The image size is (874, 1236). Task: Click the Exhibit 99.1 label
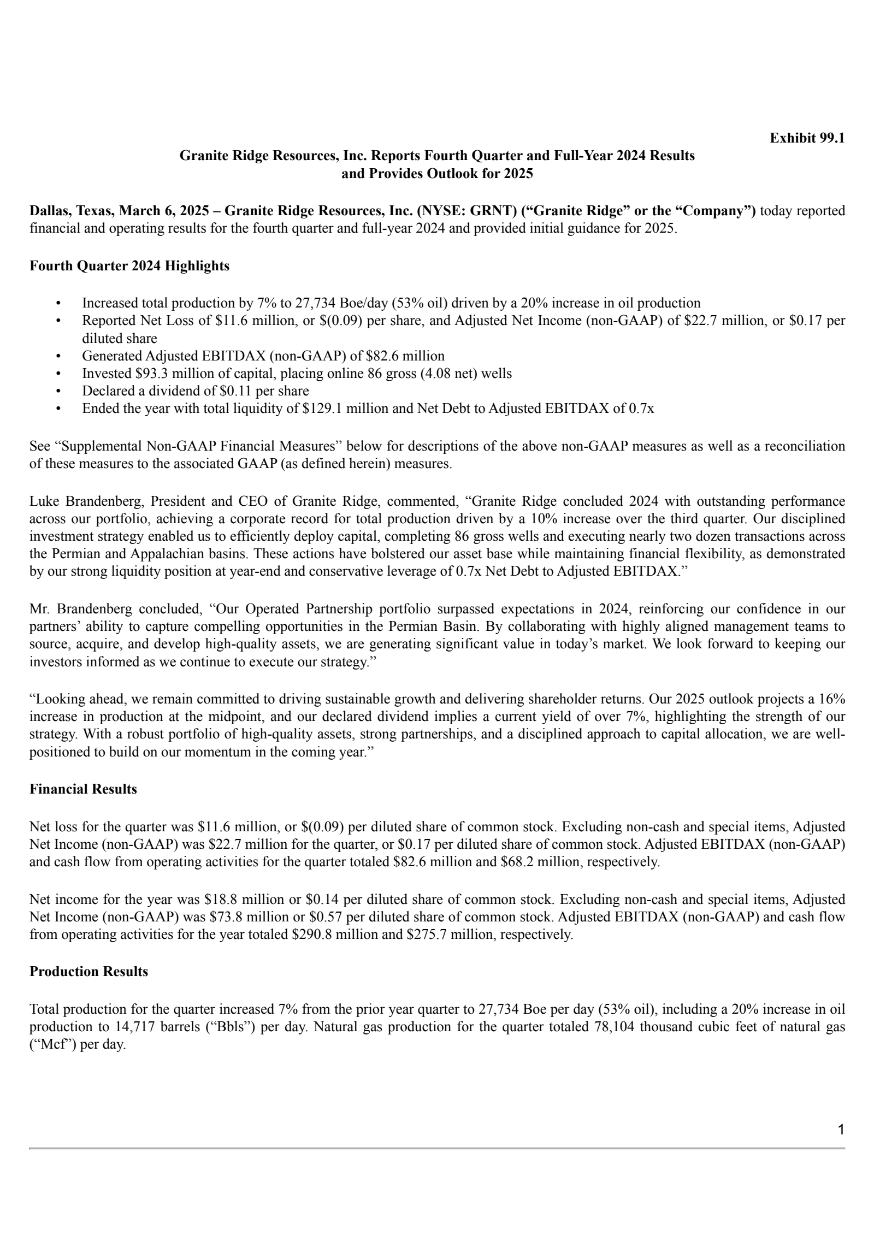coord(807,138)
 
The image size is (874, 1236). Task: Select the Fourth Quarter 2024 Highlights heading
coord(129,266)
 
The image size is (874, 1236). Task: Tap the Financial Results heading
coord(83,789)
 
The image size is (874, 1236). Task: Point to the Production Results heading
coord(88,971)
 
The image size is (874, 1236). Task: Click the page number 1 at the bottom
coord(841,1129)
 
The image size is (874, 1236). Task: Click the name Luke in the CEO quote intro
coord(43,501)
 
